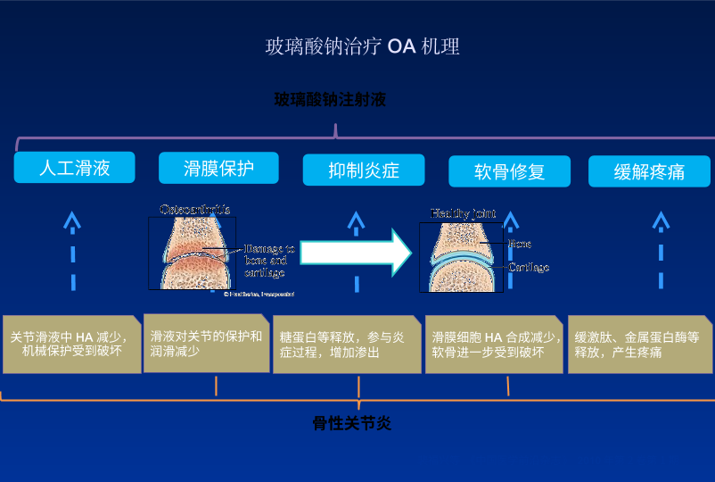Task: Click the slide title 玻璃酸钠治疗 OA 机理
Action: (362, 46)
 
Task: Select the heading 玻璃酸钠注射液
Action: (330, 100)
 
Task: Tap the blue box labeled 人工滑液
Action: (75, 167)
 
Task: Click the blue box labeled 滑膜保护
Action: (218, 167)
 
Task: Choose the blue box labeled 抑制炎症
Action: (363, 170)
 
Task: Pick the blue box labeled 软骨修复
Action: (509, 171)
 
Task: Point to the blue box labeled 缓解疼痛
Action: (649, 171)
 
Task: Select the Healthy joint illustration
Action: (461, 254)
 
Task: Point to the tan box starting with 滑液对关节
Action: (206, 343)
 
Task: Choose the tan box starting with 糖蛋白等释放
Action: (346, 344)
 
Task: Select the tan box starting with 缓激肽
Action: (640, 344)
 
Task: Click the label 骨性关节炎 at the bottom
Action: (352, 423)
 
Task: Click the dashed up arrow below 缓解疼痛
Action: (661, 250)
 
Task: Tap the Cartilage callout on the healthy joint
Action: (529, 267)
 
